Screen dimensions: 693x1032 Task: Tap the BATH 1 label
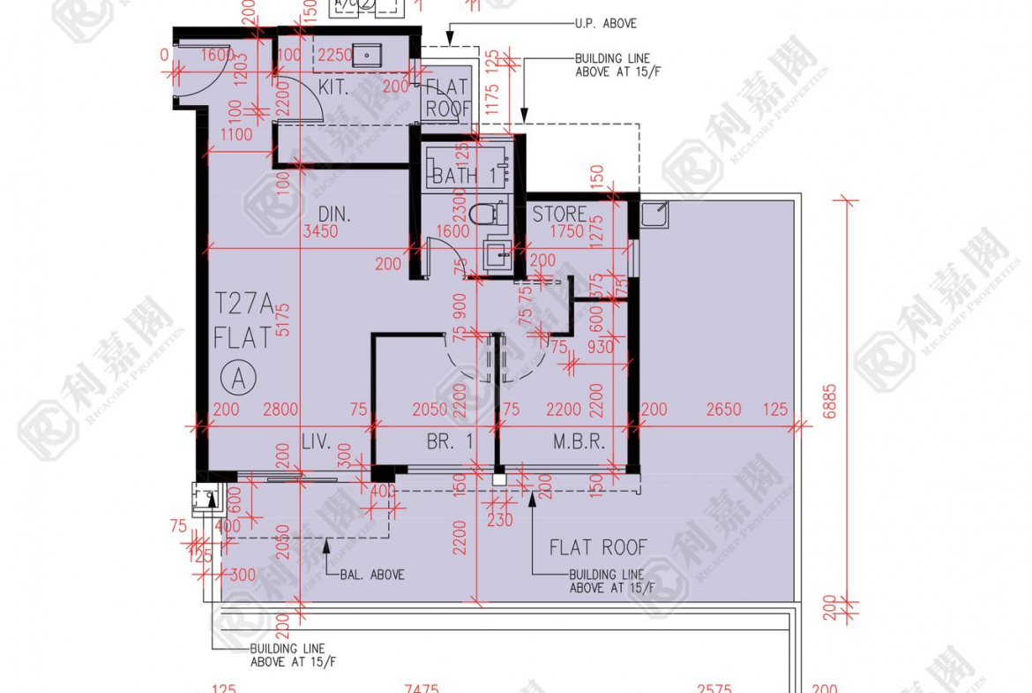(464, 176)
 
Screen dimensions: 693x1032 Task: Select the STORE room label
(559, 214)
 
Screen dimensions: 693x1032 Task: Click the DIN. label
(334, 214)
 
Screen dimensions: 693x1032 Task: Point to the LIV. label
(315, 442)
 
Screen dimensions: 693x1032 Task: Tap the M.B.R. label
(579, 442)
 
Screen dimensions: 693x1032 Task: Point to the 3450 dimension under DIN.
(320, 232)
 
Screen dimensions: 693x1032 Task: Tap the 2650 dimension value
(724, 410)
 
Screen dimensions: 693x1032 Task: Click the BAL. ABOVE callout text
(372, 575)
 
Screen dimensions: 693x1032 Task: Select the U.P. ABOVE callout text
(605, 24)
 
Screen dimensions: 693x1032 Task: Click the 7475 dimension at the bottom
(421, 688)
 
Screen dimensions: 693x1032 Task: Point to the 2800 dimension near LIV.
(280, 410)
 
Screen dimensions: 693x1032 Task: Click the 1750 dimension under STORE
(566, 232)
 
